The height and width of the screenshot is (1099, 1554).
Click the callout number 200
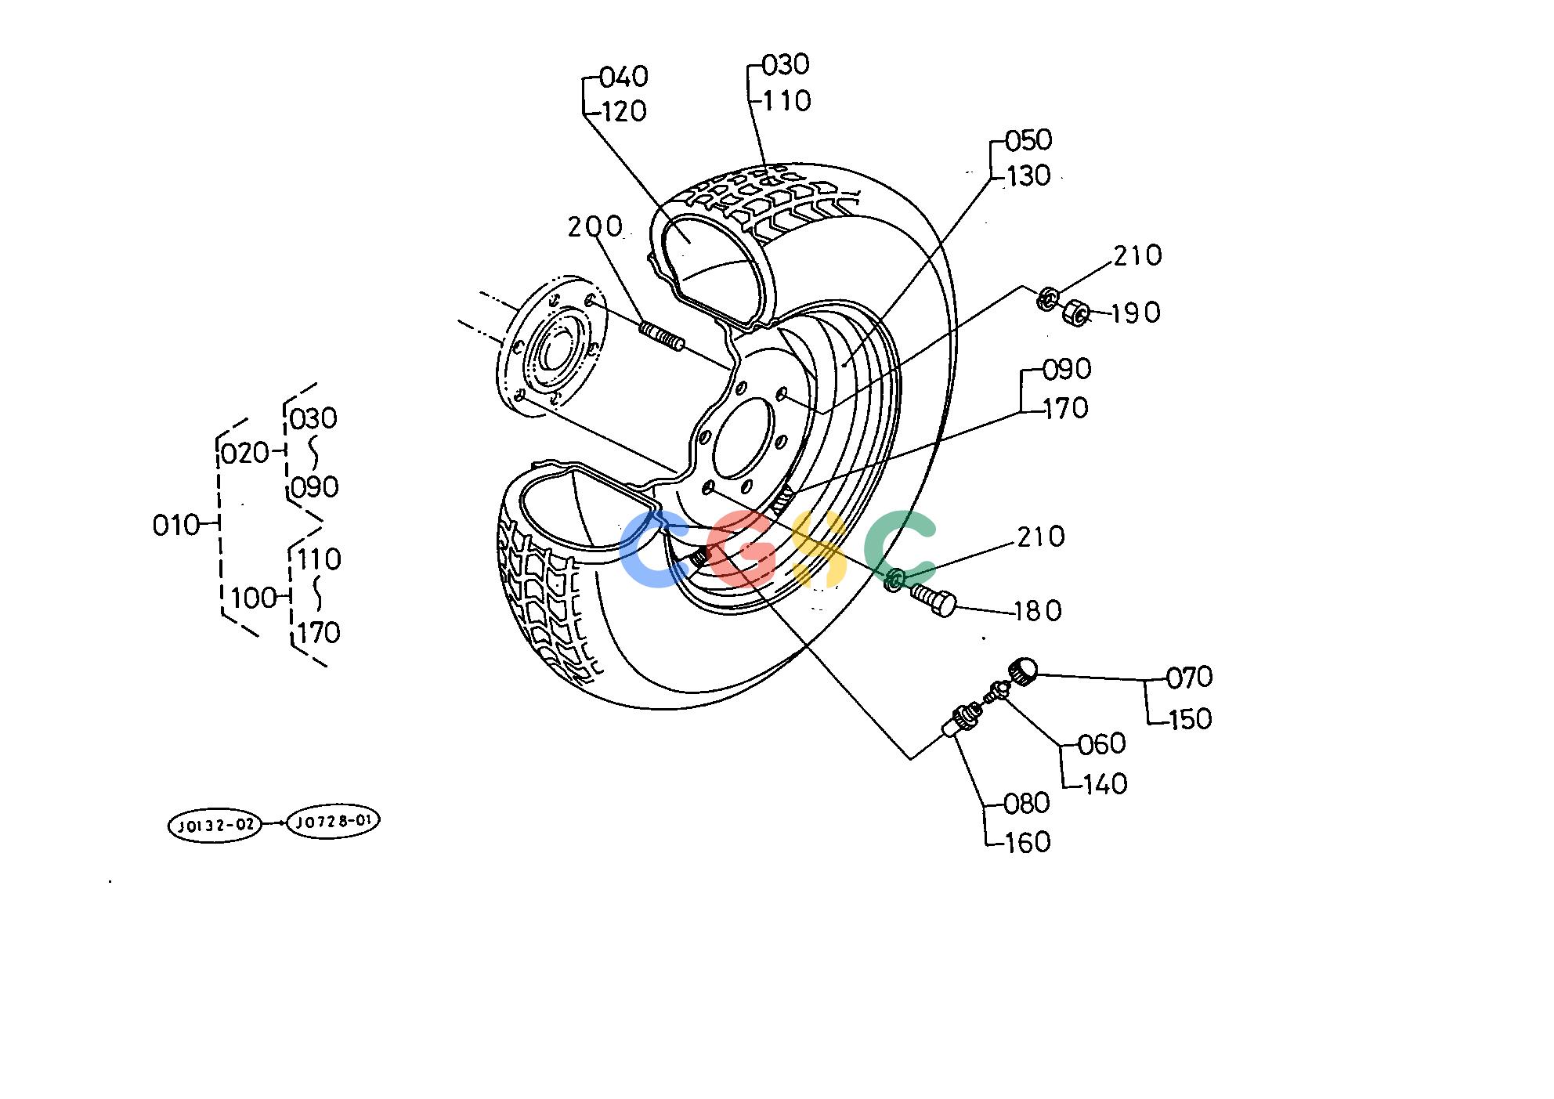point(594,227)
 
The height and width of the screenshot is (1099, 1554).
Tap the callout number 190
point(1136,313)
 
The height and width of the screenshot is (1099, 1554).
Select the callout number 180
point(1038,611)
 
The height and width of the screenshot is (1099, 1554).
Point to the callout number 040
point(623,77)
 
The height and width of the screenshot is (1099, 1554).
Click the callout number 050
point(1028,141)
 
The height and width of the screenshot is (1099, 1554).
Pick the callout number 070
point(1189,678)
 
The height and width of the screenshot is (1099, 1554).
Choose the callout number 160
point(1027,842)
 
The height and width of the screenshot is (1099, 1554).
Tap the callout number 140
point(1103,783)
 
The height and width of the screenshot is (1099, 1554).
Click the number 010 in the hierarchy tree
point(176,526)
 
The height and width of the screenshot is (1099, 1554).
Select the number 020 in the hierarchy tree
point(244,454)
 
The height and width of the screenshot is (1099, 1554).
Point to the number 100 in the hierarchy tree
point(255,598)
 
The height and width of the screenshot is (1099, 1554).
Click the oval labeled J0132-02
point(215,826)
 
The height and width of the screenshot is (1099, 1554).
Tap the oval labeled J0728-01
point(334,822)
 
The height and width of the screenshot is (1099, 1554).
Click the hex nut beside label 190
point(1075,314)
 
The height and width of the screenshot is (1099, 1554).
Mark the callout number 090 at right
point(1067,369)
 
